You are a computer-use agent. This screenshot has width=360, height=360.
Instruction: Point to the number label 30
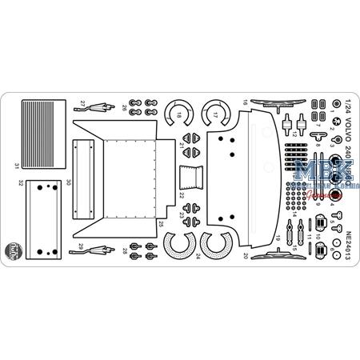click(91, 182)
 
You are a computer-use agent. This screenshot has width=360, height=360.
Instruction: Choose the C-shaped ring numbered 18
click(178, 117)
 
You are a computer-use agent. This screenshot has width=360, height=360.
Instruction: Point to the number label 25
click(162, 222)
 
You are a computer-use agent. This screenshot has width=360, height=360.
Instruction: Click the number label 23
click(182, 214)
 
